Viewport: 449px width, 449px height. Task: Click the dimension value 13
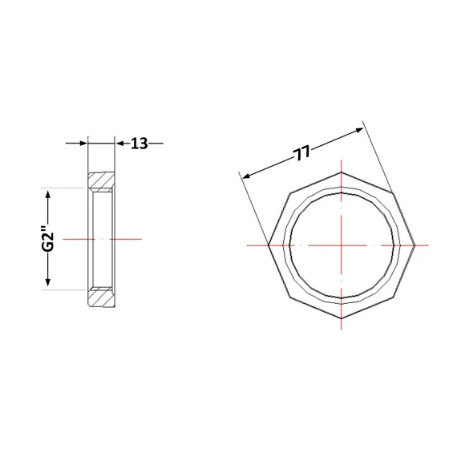coord(140,144)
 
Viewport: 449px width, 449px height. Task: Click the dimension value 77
coord(301,153)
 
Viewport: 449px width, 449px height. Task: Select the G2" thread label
coord(47,239)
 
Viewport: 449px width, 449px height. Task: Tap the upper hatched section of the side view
coord(101,182)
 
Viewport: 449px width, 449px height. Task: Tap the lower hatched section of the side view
coord(101,297)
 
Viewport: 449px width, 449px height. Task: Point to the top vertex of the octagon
coord(342,172)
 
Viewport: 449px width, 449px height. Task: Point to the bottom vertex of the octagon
coord(342,318)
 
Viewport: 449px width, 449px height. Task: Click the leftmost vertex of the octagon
coord(269,245)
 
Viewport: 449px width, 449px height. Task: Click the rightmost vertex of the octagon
coord(415,245)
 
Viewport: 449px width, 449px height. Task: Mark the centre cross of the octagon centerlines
coord(342,245)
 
